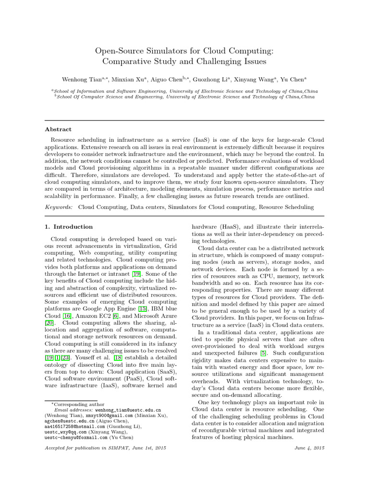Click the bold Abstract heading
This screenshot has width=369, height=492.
tap(58, 129)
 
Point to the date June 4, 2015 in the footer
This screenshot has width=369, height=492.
tap(309, 448)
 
